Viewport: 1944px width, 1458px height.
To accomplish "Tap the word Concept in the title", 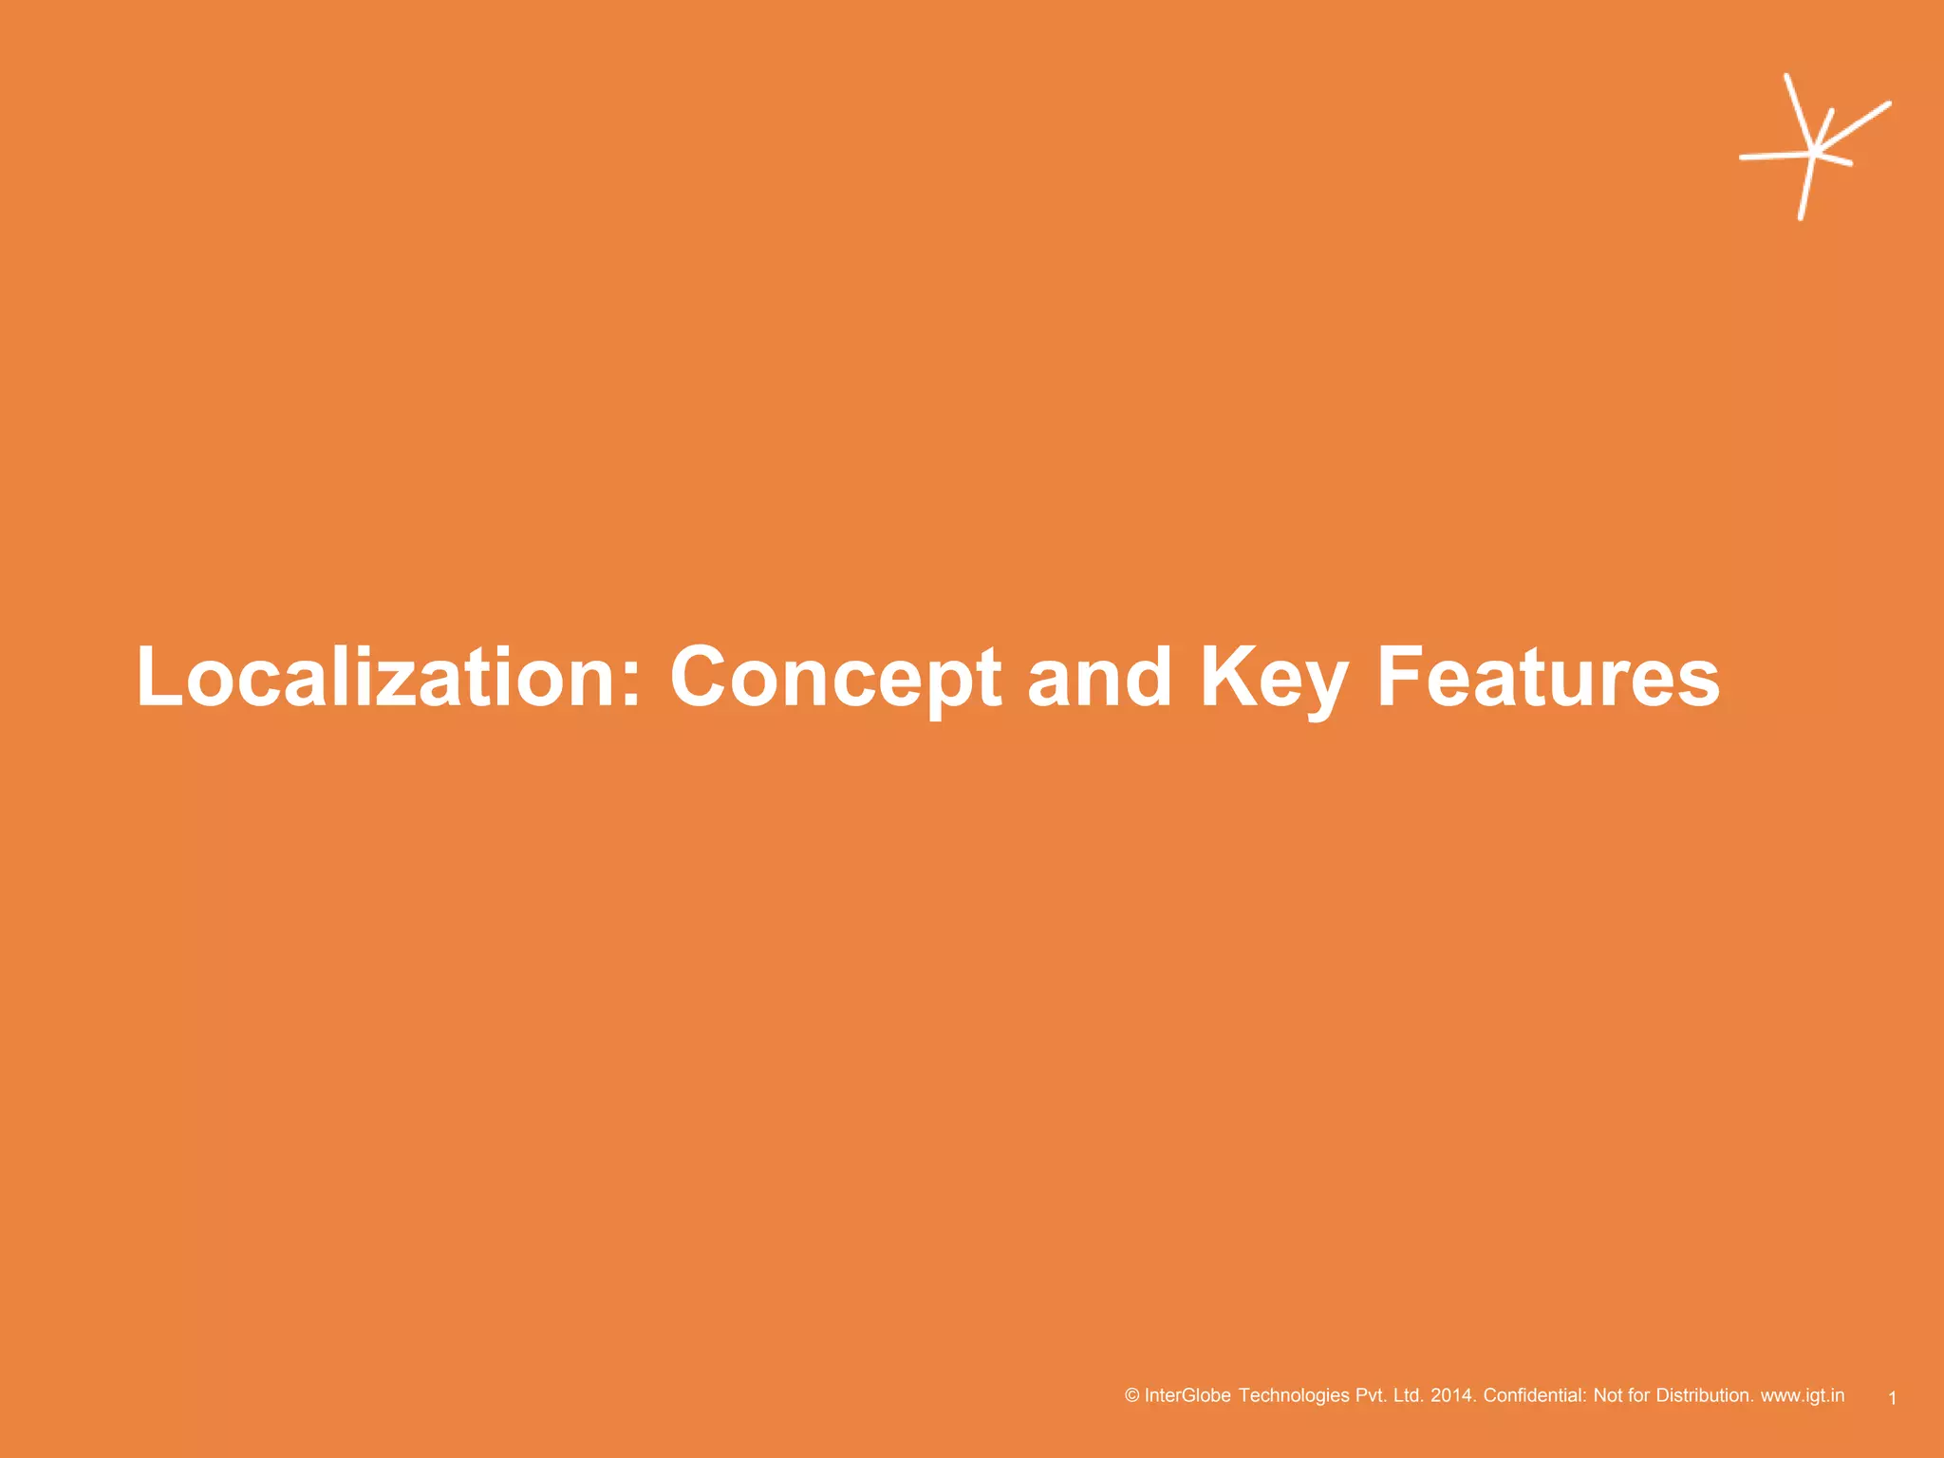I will click(x=835, y=677).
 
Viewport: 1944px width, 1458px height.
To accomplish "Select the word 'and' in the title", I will click(x=1099, y=677).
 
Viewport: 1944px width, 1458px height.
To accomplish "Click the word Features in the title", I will click(x=1547, y=677).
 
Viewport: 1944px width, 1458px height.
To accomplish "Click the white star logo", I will click(x=1813, y=149).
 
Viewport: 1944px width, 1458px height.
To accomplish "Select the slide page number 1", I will click(x=1892, y=1398).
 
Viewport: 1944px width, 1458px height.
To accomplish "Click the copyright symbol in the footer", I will click(x=1131, y=1395).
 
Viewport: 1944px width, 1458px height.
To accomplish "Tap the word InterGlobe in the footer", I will click(x=1187, y=1395).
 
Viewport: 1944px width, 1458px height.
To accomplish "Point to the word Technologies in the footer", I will click(x=1294, y=1395).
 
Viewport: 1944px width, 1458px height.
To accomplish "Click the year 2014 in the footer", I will click(x=1452, y=1395).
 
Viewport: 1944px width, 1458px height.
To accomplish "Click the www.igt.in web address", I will click(x=1803, y=1395).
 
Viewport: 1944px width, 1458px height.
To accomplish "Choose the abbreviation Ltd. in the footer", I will click(x=1409, y=1395).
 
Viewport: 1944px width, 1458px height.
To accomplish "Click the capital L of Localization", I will click(x=159, y=677).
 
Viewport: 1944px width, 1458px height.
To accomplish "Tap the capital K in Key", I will click(x=1226, y=677).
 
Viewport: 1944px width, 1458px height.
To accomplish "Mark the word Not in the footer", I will click(x=1608, y=1395).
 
